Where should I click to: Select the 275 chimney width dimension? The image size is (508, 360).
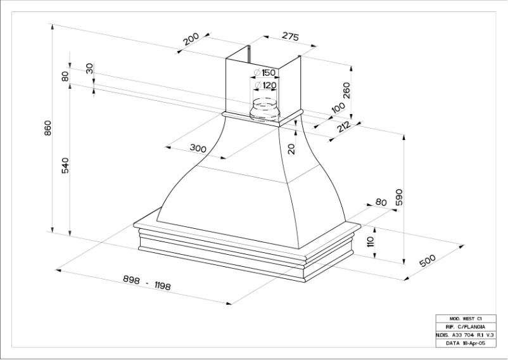(289, 36)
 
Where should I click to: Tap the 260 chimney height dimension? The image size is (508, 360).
(346, 93)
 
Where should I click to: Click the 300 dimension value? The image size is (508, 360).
(198, 148)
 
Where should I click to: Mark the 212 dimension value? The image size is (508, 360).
(344, 126)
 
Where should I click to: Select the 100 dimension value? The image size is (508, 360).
(338, 109)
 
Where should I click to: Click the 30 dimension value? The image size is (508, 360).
(89, 69)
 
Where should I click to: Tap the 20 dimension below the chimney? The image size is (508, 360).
(291, 148)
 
